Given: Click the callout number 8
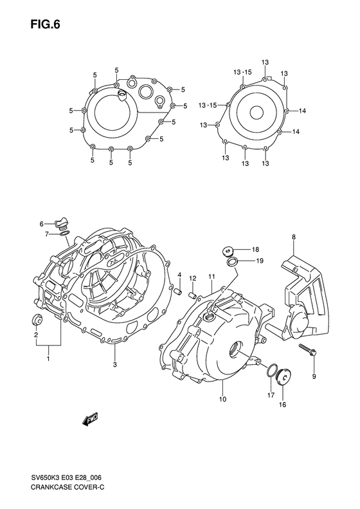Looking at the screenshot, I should (x=293, y=238).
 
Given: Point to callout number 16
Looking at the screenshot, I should (x=282, y=405).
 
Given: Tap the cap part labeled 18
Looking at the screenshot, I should (x=227, y=250).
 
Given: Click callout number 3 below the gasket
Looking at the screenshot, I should (x=114, y=366).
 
